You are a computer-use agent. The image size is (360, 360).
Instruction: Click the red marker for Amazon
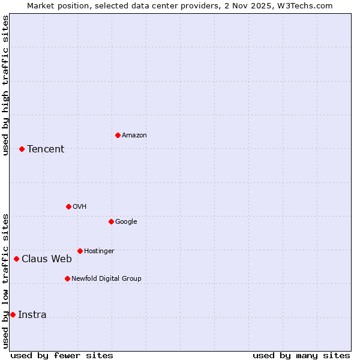click(x=118, y=135)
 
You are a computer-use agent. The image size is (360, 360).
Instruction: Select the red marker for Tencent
click(x=22, y=149)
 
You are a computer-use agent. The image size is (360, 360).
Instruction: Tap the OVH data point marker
click(x=68, y=206)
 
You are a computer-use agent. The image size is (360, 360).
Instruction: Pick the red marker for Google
click(x=111, y=221)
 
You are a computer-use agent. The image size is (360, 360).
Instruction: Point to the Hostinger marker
click(x=80, y=251)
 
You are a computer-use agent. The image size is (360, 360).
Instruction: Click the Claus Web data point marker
click(x=16, y=259)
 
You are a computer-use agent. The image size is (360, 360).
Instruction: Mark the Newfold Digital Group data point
click(x=67, y=278)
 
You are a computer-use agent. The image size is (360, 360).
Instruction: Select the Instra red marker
click(x=13, y=314)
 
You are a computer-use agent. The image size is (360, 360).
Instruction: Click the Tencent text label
click(x=46, y=149)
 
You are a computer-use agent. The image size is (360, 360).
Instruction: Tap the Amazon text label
click(x=134, y=136)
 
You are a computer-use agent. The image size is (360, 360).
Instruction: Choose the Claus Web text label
click(x=47, y=259)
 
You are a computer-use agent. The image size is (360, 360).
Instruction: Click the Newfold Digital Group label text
click(x=107, y=278)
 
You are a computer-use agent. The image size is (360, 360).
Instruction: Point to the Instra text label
click(x=32, y=315)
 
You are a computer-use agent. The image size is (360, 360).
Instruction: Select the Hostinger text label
click(x=99, y=251)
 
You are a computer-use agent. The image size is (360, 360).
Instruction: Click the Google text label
click(x=126, y=222)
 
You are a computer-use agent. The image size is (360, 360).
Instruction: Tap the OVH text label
click(x=80, y=207)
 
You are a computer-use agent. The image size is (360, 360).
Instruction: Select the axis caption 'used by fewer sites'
click(x=62, y=355)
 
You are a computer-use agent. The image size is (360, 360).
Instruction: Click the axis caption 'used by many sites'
click(x=301, y=355)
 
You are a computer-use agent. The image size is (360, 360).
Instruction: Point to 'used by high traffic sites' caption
click(x=5, y=85)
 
